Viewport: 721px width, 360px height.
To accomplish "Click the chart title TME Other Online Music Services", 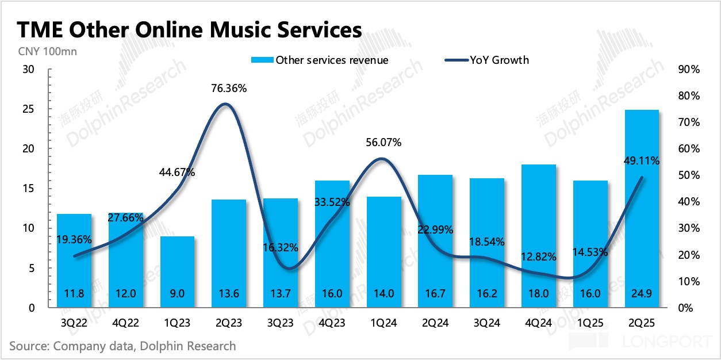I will click(190, 30).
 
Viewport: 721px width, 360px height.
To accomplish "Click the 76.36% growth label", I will click(228, 89).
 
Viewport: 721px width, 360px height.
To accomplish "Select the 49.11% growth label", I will click(641, 162).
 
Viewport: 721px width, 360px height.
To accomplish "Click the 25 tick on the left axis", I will click(28, 109).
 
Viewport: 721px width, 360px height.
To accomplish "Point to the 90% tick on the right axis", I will click(688, 70).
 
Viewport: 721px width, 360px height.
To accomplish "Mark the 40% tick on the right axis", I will click(688, 202).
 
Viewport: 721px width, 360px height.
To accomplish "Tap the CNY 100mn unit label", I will click(44, 51).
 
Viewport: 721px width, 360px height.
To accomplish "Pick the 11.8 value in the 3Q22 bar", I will click(74, 293).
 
